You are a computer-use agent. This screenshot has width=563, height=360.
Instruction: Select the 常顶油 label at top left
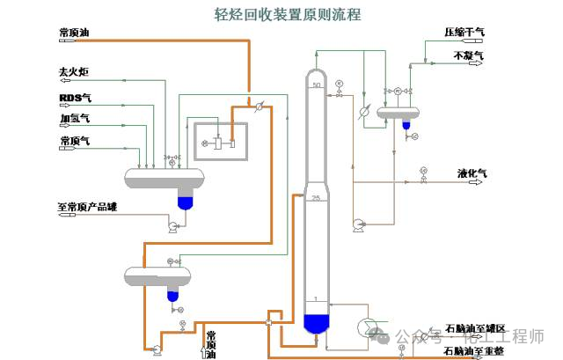click(74, 33)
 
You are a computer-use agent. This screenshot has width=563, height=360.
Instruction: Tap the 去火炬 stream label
click(74, 71)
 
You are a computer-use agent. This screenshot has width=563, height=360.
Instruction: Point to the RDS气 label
click(75, 97)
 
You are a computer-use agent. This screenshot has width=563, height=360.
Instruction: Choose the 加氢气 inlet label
click(74, 117)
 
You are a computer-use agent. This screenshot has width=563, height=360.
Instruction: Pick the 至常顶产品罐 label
click(88, 209)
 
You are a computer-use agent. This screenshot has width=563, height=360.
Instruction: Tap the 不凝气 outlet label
click(468, 55)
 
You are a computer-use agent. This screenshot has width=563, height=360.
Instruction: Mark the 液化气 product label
click(472, 173)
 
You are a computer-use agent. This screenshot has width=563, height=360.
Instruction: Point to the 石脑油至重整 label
click(474, 350)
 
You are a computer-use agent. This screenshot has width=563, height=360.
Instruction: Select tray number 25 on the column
click(315, 198)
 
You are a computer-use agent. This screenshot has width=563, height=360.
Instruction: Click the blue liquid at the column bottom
click(317, 322)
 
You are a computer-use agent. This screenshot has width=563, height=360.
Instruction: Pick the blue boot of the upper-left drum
click(184, 202)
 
